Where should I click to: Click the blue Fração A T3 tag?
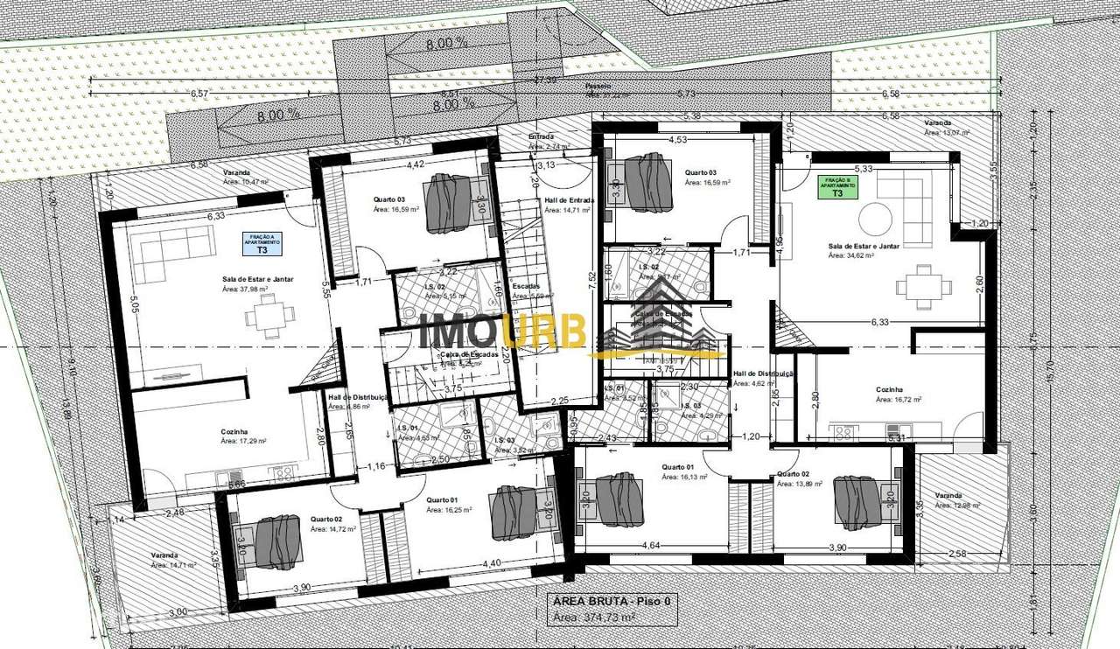[262, 244]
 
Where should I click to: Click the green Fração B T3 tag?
[837, 187]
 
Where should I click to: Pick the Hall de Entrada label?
[569, 200]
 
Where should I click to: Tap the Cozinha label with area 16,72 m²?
[889, 390]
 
